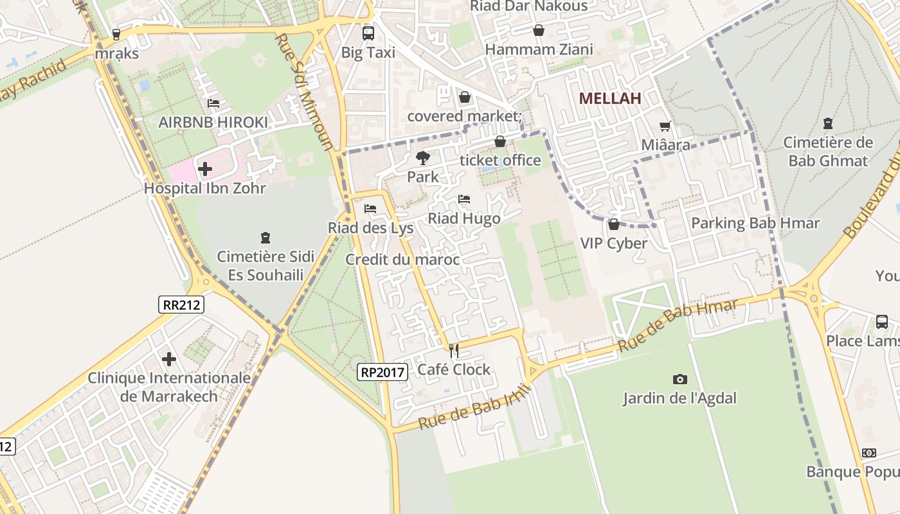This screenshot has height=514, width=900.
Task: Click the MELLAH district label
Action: point(610,98)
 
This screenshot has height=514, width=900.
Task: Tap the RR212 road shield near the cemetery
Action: point(181,305)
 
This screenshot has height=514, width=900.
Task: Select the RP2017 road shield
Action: point(382,371)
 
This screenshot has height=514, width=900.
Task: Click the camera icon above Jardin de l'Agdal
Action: point(679,379)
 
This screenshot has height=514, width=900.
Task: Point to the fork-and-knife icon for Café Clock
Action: point(454,350)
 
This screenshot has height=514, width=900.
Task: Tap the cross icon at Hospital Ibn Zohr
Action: point(205,169)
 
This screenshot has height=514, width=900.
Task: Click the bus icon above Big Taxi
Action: point(368,33)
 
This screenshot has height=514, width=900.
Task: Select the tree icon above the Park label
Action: point(422,157)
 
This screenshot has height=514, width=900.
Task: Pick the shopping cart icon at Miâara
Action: point(665,127)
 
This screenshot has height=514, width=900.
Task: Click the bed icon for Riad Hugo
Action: point(464,199)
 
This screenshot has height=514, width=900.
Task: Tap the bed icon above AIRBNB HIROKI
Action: point(213,103)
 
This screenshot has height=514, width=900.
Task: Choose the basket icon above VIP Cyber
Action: point(613,224)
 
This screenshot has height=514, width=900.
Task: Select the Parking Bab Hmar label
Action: point(755,224)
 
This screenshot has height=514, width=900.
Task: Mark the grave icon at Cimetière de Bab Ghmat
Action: point(827,123)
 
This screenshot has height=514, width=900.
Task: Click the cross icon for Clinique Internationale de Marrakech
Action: point(169,359)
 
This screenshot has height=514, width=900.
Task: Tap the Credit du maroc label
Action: point(402,260)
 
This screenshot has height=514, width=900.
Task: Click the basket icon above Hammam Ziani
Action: point(539,30)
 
